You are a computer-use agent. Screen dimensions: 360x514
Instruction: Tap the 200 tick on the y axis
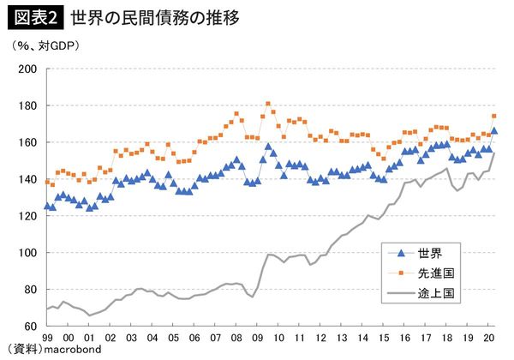point(29,69)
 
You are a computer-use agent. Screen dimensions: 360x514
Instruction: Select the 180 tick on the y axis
point(29,106)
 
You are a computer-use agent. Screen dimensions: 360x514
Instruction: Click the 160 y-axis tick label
point(29,142)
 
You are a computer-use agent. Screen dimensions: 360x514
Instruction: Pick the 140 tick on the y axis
point(29,179)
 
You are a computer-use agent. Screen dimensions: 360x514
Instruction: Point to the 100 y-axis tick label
point(29,253)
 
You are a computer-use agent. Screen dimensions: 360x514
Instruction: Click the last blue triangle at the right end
point(494,130)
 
